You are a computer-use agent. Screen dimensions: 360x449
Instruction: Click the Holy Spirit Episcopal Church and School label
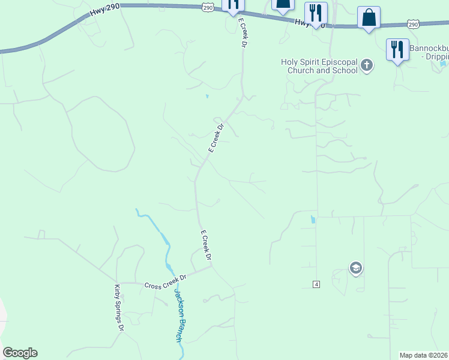(319, 66)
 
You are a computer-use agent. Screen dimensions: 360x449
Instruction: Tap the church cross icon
(367, 65)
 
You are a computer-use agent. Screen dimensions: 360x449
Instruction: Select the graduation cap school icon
(356, 268)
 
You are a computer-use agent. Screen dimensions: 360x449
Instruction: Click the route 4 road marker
(316, 283)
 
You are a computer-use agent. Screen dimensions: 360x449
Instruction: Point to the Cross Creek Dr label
(166, 281)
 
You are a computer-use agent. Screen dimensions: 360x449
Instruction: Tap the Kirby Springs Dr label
(118, 308)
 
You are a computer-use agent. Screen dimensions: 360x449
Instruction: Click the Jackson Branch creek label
(178, 315)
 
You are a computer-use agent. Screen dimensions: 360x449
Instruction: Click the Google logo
(20, 353)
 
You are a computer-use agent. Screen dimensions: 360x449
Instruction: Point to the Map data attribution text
(424, 355)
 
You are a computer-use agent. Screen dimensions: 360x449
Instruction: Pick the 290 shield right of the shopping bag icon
(413, 23)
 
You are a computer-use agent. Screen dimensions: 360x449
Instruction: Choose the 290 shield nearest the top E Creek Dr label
(208, 7)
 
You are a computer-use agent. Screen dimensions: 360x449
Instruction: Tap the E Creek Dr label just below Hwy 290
(243, 32)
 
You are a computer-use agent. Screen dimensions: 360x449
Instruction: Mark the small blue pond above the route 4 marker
(312, 219)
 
